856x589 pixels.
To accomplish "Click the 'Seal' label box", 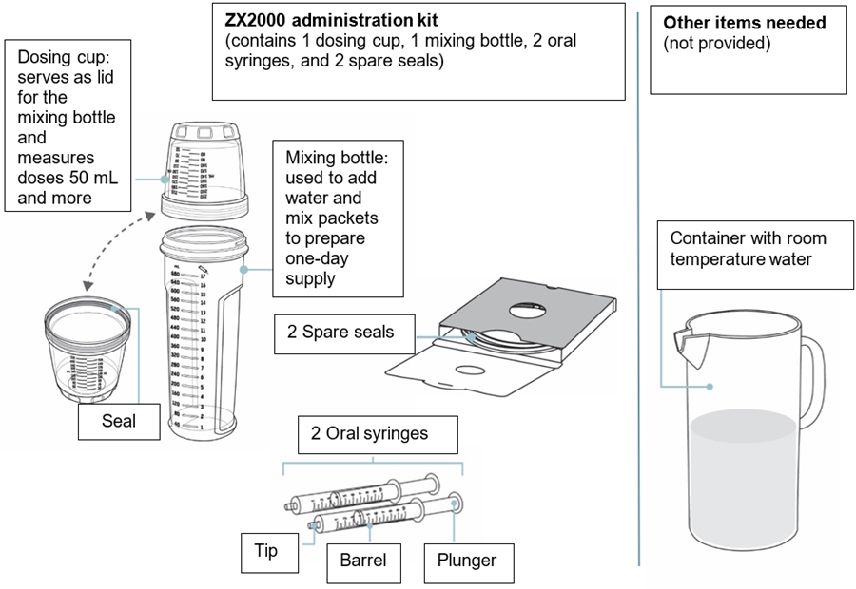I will tap(119, 420).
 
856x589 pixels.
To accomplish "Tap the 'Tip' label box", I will tap(267, 551).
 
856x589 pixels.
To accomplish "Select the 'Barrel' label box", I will tap(363, 560).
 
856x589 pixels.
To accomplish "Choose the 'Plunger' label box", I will tap(467, 560).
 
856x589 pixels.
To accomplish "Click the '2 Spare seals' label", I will tap(340, 332).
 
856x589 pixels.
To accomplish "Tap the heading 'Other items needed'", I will tap(744, 23).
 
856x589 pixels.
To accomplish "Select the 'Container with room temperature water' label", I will tap(748, 249).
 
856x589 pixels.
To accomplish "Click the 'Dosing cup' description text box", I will tap(67, 125).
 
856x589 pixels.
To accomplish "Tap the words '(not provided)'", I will tap(716, 44).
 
